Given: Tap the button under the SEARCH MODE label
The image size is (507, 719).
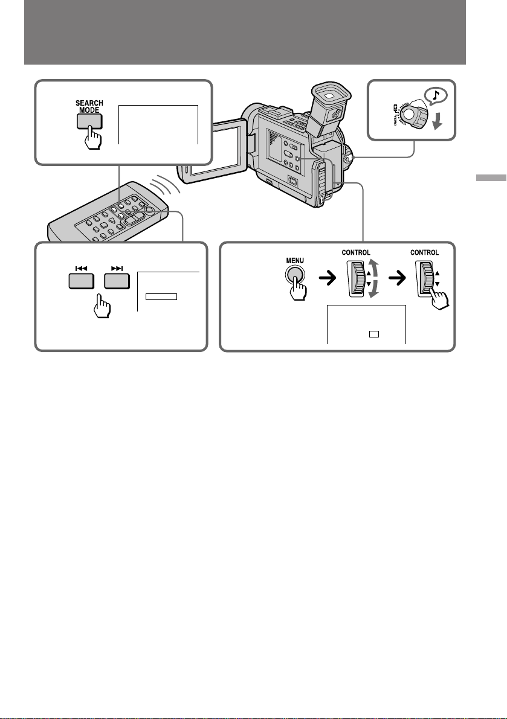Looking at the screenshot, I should (x=88, y=121).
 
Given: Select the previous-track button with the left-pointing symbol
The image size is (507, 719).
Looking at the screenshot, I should (x=84, y=281).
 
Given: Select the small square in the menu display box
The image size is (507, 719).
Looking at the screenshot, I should (x=374, y=333).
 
